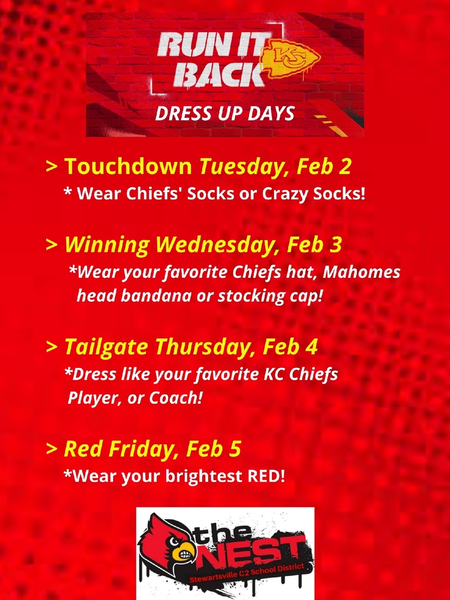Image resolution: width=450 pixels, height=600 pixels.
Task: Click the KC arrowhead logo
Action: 290,60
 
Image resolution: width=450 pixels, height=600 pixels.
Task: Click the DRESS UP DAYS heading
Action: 225,114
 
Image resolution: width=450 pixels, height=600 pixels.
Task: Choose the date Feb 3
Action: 315,244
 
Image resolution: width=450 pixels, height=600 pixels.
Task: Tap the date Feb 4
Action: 291,346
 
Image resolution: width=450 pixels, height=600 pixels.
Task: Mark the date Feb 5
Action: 213,448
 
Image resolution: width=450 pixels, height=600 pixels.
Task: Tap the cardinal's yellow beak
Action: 182,550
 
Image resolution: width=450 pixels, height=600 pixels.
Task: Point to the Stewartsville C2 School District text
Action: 247,572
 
